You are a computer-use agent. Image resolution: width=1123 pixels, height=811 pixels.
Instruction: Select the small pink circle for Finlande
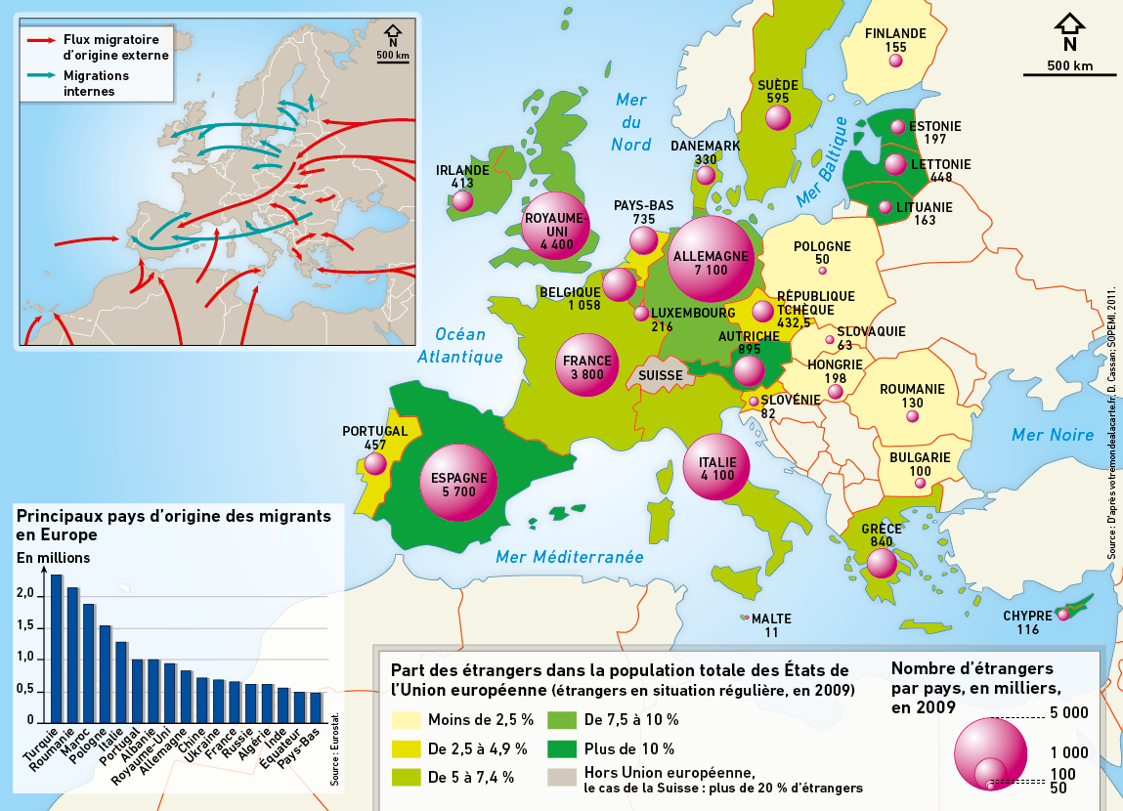pos(895,61)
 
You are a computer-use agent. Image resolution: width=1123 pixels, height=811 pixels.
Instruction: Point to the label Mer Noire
pos(1052,435)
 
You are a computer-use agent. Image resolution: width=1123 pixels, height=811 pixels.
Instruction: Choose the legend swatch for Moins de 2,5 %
pos(406,720)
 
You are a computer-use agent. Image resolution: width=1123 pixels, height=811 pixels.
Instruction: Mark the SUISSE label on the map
pos(662,374)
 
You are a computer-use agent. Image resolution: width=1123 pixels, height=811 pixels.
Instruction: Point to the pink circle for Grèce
pos(882,563)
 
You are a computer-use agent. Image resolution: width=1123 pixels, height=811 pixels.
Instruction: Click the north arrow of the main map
pos(1069,25)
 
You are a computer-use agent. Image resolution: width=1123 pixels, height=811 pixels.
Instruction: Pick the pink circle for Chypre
pos(1062,616)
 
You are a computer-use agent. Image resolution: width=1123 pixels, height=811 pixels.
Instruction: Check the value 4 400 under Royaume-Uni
pos(554,244)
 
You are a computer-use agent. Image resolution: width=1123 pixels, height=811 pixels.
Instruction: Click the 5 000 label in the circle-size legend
pos(1068,713)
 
